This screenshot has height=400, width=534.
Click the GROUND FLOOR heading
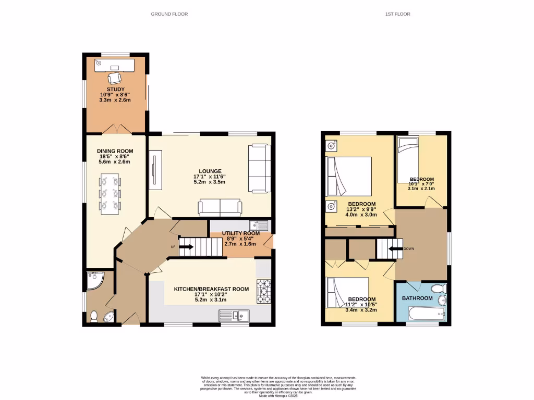(169, 14)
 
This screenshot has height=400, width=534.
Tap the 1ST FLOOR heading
(397, 14)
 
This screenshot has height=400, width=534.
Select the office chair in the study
(114, 78)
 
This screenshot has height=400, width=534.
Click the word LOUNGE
(210, 171)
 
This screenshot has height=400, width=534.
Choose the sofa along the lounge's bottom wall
(220, 207)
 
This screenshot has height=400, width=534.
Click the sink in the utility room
(259, 226)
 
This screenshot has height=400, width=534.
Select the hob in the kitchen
(262, 292)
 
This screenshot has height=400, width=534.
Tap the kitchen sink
(235, 315)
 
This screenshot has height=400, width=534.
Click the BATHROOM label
(417, 298)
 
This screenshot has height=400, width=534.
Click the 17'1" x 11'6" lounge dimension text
(210, 177)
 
